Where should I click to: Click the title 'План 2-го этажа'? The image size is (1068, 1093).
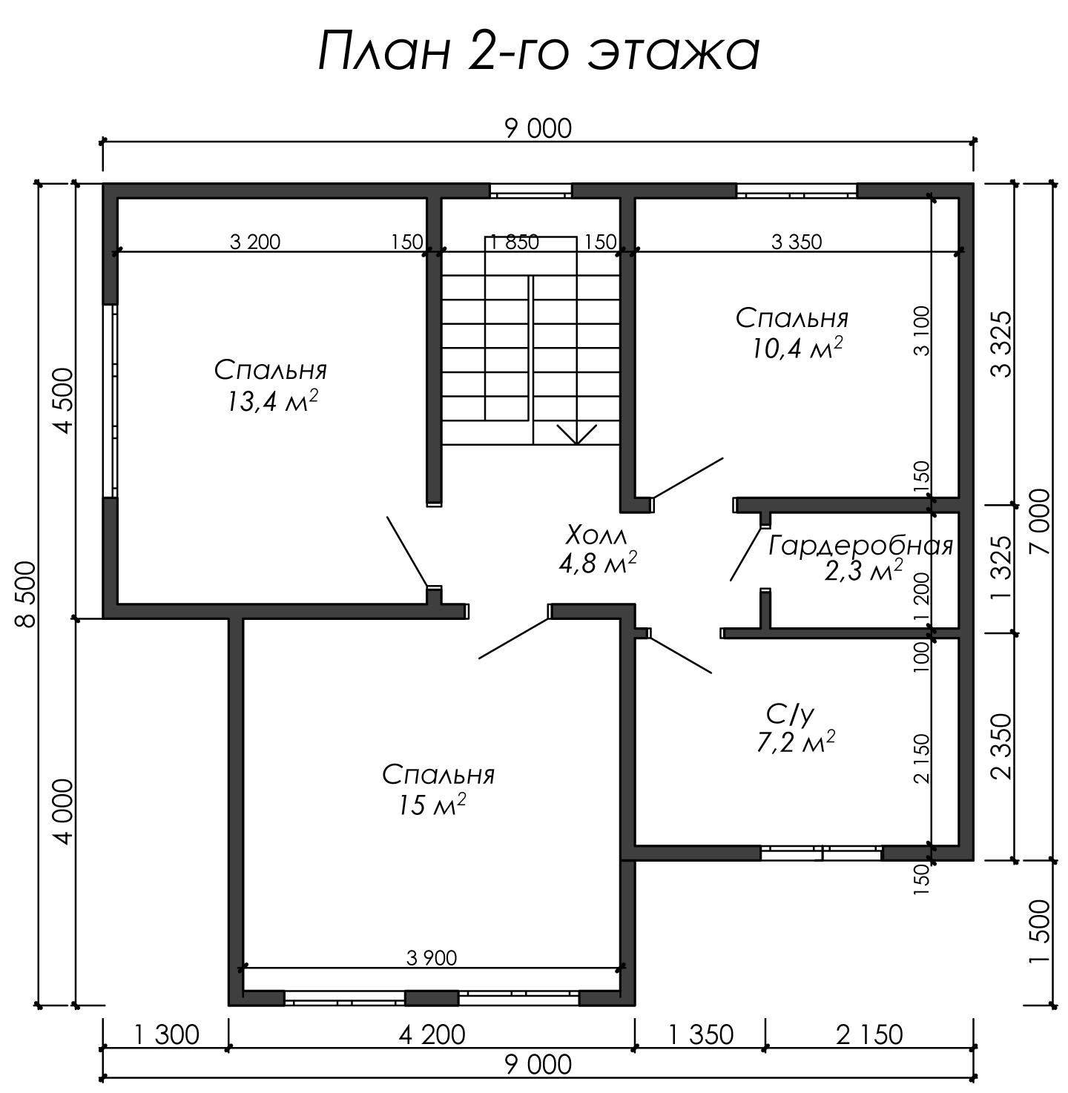[x=538, y=52]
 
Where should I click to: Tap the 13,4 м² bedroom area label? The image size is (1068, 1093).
[x=273, y=401]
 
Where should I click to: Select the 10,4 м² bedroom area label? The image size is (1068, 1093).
[x=797, y=348]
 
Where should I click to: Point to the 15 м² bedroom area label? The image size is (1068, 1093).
[x=432, y=805]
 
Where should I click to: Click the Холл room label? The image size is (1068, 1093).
[x=596, y=535]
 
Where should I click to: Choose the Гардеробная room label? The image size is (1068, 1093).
[x=860, y=545]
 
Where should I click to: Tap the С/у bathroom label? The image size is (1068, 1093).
[x=790, y=714]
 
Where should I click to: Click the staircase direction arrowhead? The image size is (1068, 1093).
[x=577, y=435]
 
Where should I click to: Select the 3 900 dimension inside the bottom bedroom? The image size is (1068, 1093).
[x=432, y=957]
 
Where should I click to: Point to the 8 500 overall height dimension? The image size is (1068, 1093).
[x=26, y=593]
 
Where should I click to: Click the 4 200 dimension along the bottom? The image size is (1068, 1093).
[x=432, y=1034]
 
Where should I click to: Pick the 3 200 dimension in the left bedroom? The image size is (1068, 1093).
[x=254, y=242]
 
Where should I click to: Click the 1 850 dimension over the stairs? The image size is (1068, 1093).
[x=514, y=242]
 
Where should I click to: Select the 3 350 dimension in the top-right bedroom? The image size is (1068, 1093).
[x=796, y=242]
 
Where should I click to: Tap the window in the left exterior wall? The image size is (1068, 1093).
[x=110, y=400]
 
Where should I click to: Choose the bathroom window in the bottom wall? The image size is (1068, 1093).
[x=821, y=853]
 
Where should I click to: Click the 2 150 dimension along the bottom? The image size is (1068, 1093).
[x=869, y=1034]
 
